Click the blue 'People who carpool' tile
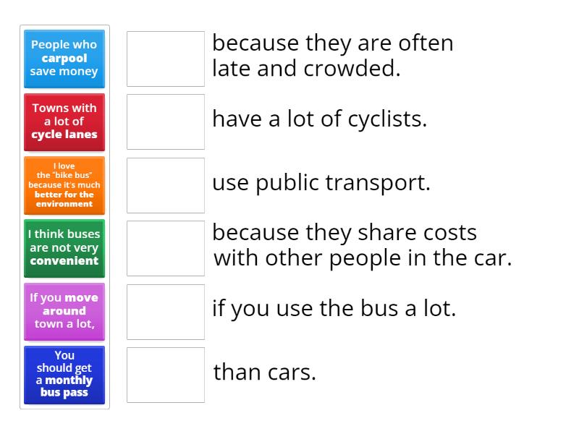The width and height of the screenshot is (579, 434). tap(64, 59)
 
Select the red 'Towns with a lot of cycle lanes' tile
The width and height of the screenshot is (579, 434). tap(64, 122)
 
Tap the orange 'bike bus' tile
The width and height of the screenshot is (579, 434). tap(64, 184)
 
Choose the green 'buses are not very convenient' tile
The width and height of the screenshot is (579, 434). tap(64, 247)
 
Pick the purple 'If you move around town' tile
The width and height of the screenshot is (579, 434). tap(64, 311)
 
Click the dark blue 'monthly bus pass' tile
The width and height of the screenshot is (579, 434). tap(64, 375)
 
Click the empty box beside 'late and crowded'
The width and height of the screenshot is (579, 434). tap(166, 59)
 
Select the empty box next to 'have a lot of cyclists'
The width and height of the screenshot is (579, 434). tap(166, 122)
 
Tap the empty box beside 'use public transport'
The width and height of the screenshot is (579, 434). tap(166, 185)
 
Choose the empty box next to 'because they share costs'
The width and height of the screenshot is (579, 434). tap(166, 248)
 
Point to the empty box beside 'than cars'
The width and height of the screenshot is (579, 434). tap(166, 375)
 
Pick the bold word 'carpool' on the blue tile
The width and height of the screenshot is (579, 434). tap(64, 59)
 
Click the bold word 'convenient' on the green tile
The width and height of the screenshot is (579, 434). tap(64, 260)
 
